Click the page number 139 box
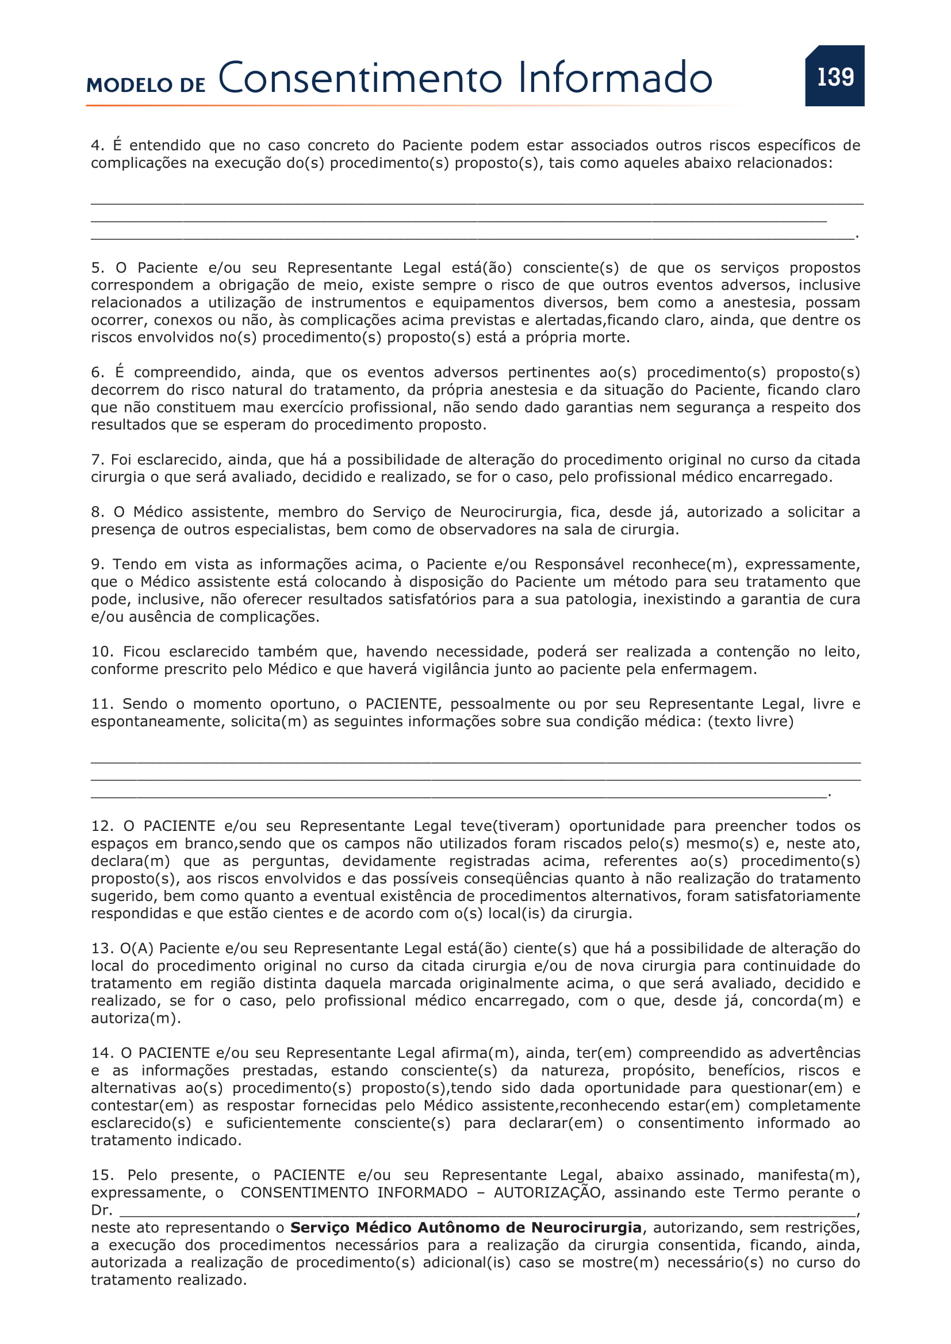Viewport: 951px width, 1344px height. click(x=834, y=76)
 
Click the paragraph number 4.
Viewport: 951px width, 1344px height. click(x=96, y=145)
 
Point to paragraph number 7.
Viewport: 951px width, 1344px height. click(x=96, y=460)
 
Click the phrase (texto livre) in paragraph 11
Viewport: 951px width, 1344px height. click(x=751, y=722)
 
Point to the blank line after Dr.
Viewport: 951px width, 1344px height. click(x=486, y=1211)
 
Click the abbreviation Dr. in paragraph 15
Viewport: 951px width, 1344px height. click(x=101, y=1211)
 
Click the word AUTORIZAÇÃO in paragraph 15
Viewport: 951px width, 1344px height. click(x=547, y=1193)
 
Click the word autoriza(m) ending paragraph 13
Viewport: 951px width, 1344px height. click(x=134, y=1019)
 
